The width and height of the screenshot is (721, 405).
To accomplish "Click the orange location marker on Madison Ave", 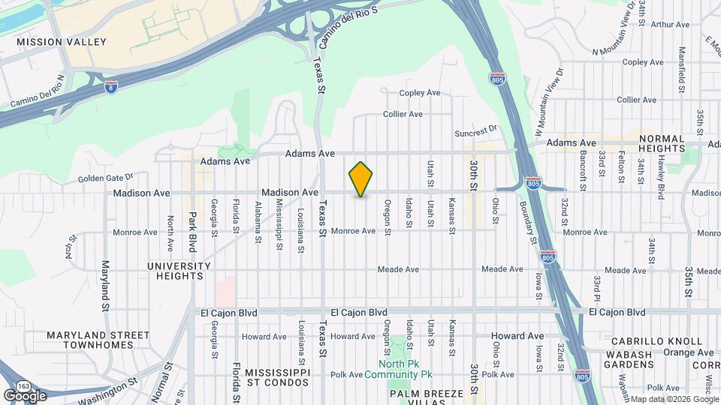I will tap(361, 179).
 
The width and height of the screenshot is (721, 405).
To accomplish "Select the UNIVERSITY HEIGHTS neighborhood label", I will tap(179, 271).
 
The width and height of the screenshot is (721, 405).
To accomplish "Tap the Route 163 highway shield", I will tap(23, 385).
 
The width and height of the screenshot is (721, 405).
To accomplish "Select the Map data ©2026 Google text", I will tap(673, 399).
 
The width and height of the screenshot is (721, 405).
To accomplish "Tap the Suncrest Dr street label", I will tap(476, 133).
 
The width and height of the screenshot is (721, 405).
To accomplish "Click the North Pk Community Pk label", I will tap(399, 369).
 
